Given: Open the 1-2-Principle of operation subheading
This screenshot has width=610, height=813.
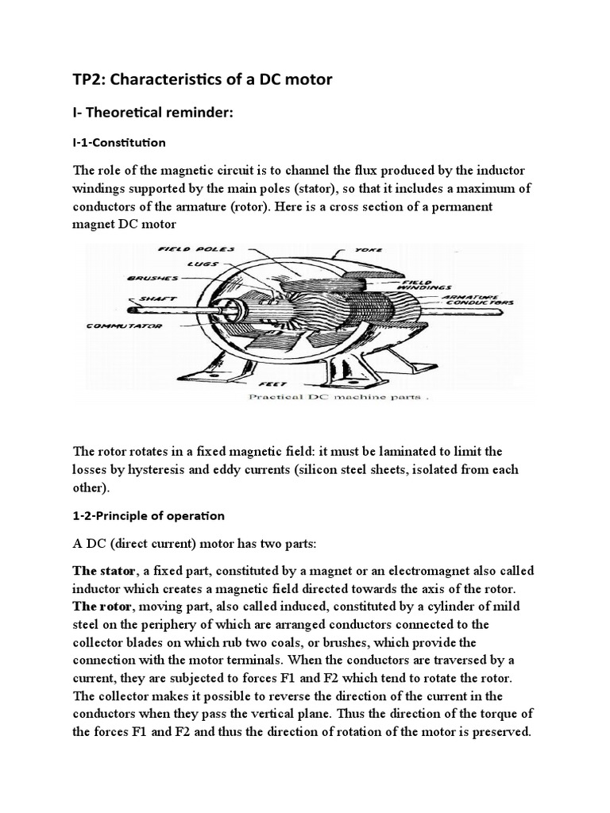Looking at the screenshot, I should click(149, 515).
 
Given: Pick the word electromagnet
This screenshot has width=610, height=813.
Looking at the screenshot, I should click(435, 570).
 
